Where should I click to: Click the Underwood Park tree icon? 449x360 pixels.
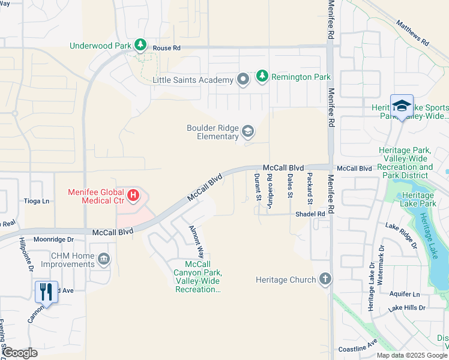(140, 45)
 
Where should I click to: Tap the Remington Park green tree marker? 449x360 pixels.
(262, 76)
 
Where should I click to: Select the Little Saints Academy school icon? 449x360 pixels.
(243, 80)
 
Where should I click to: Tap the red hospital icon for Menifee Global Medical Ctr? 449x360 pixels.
(134, 196)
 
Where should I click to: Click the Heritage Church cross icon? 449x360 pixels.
(325, 279)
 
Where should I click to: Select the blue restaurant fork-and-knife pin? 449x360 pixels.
(46, 292)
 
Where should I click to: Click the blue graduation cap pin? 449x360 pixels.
(402, 107)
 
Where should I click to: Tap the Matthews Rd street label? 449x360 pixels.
(412, 33)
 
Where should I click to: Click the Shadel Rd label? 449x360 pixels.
(310, 214)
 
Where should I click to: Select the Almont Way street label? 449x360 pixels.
(196, 241)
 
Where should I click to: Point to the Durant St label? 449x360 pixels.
(257, 187)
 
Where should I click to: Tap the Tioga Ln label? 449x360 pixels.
(36, 201)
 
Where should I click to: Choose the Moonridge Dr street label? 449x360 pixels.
(53, 239)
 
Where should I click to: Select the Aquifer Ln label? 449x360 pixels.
(403, 294)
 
